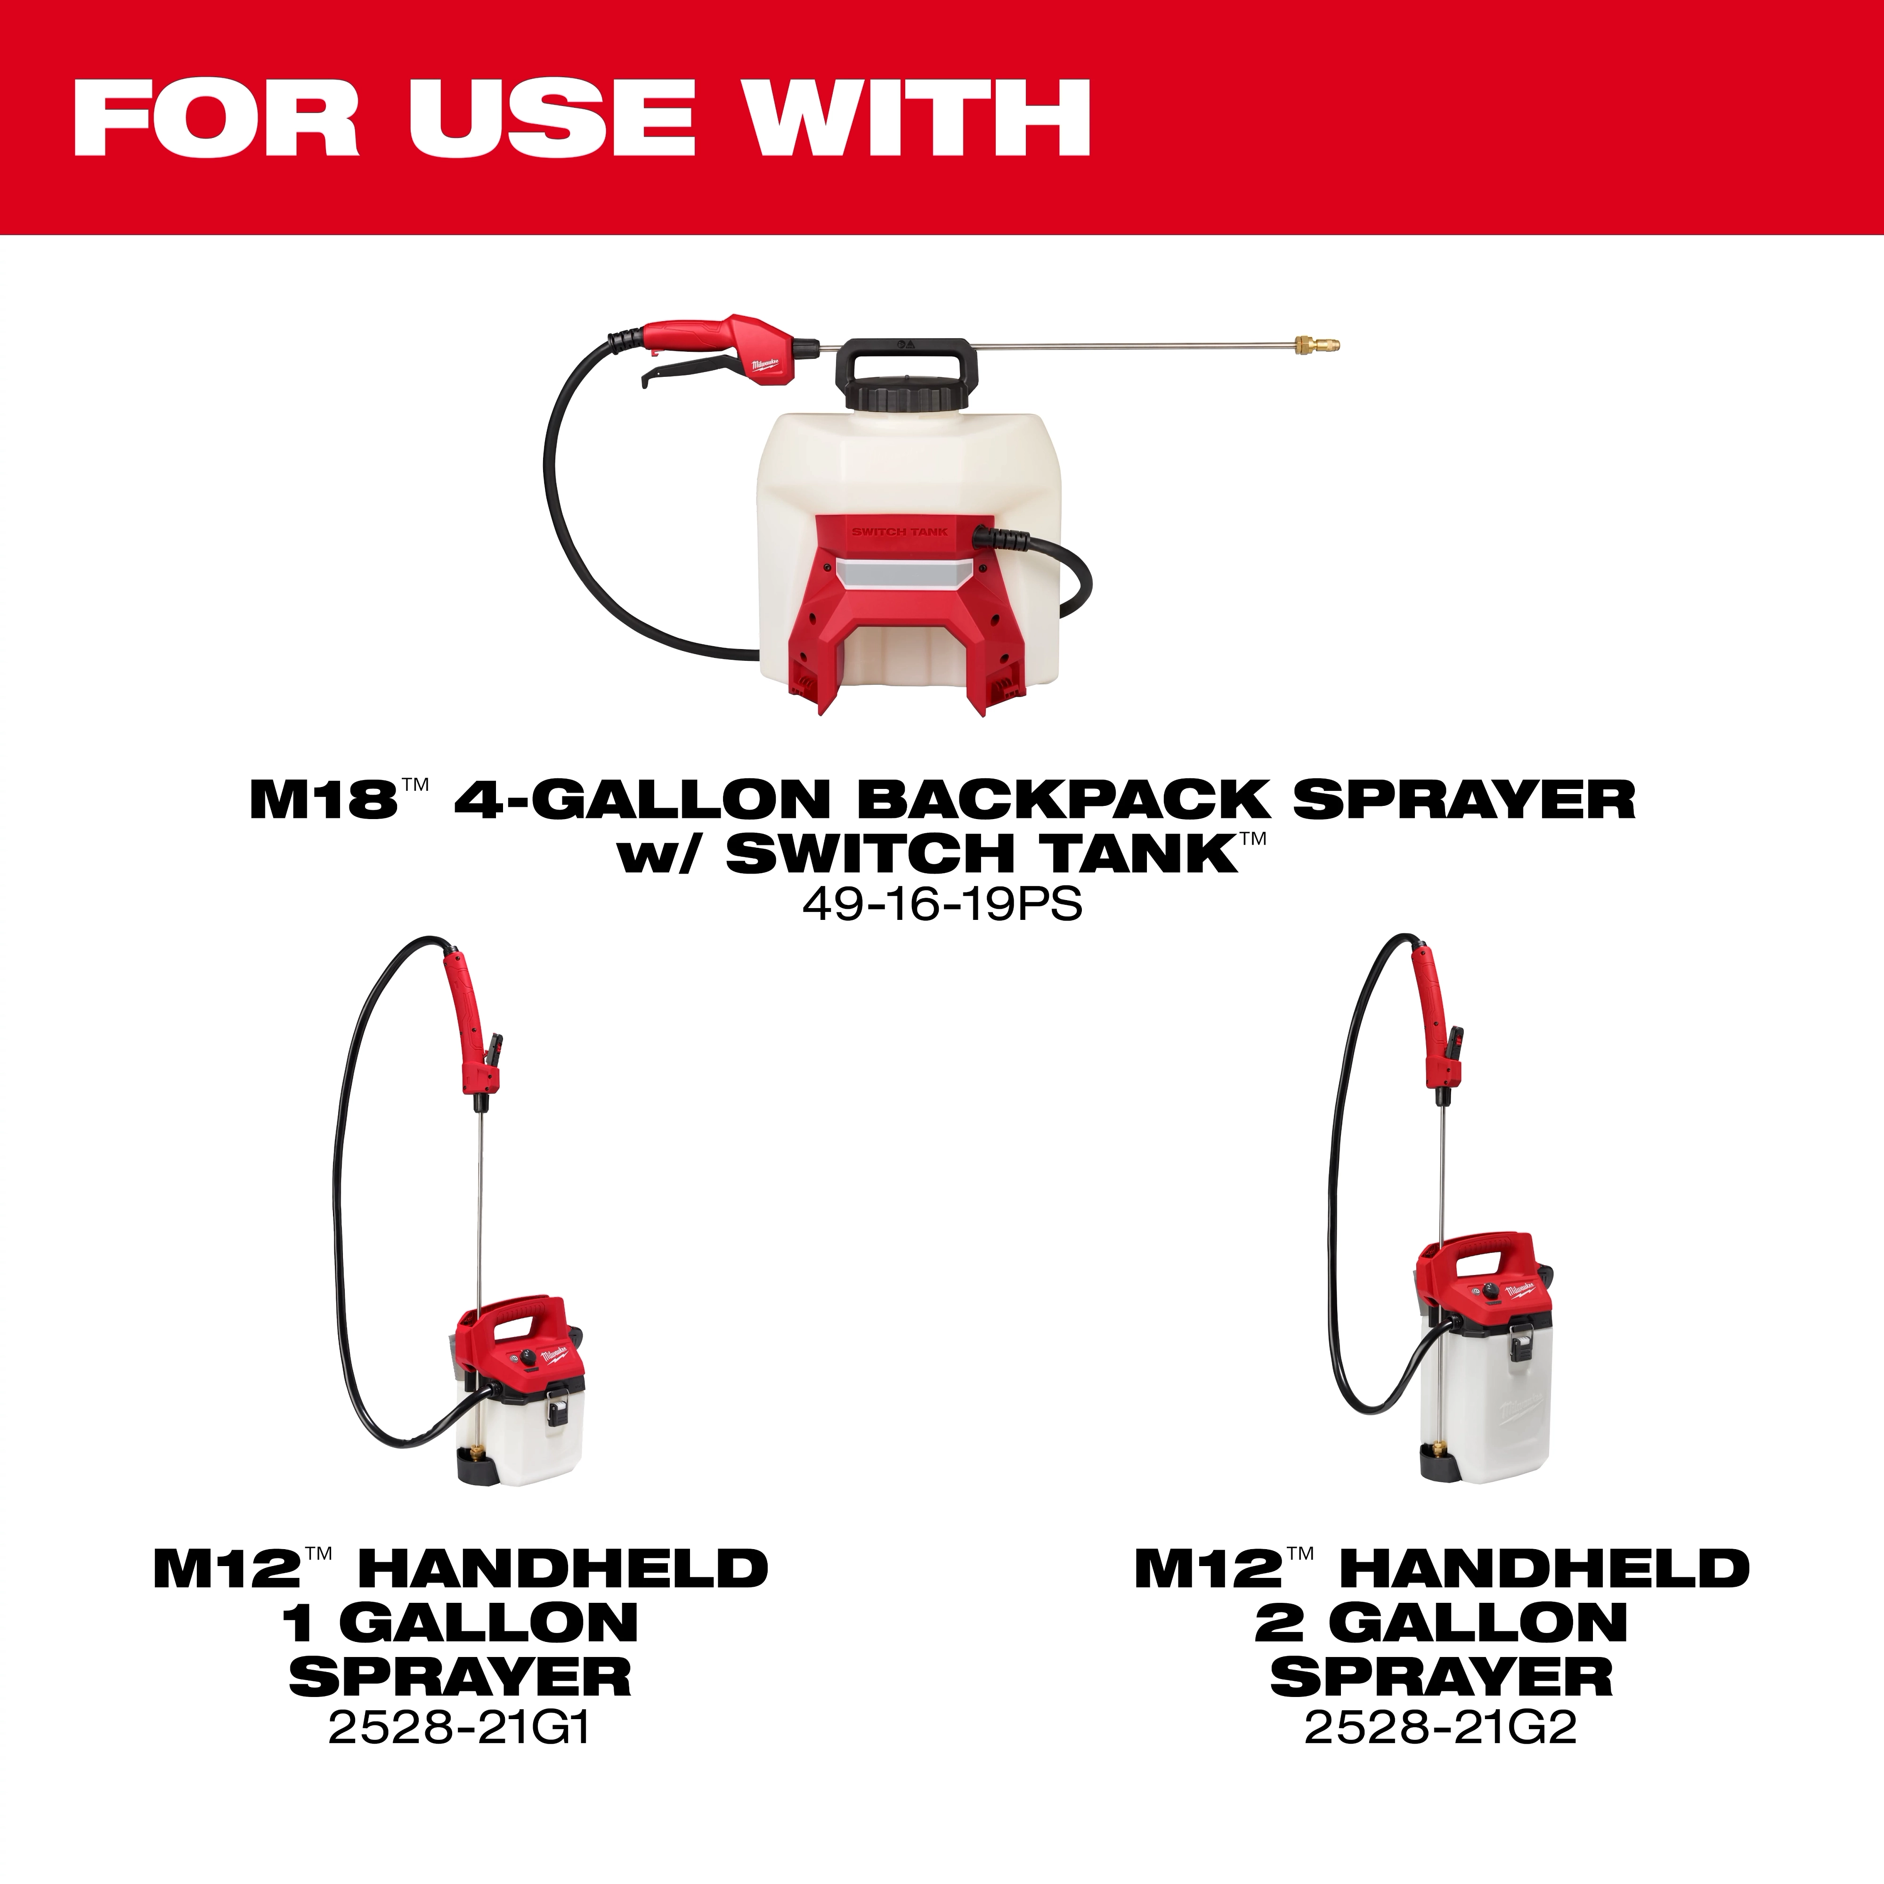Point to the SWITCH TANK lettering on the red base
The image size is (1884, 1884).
click(x=899, y=531)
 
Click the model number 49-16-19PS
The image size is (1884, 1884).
click(x=942, y=905)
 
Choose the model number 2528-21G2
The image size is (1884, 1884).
click(x=1440, y=1729)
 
